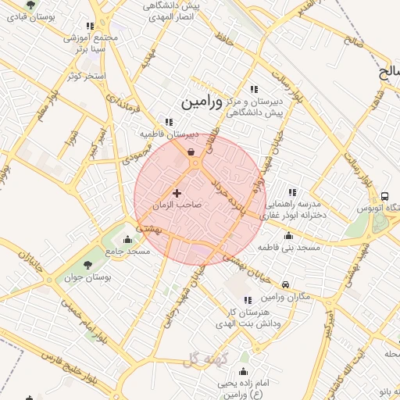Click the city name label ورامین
[200, 102]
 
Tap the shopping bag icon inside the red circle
[191, 152]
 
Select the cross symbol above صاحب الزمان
[177, 193]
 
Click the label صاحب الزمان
[177, 205]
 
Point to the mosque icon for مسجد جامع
[128, 239]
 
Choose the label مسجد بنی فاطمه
[290, 247]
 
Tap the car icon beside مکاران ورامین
[287, 285]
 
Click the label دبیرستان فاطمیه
[170, 134]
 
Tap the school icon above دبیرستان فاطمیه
[169, 121]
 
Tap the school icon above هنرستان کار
[247, 300]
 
